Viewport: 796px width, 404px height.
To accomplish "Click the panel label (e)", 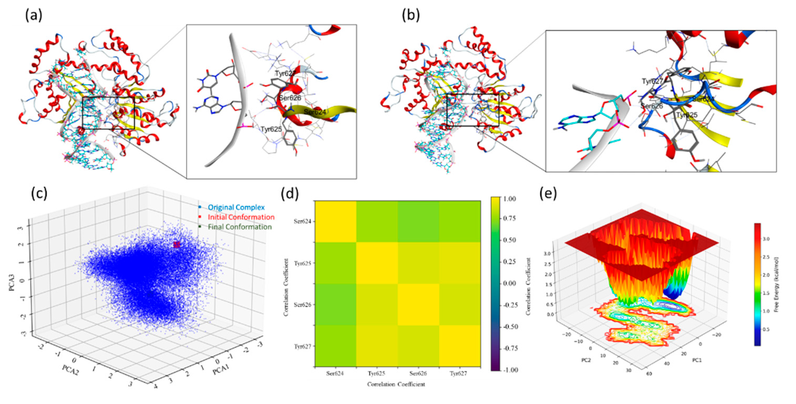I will (x=548, y=194).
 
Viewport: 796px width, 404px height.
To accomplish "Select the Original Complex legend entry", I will (x=236, y=207).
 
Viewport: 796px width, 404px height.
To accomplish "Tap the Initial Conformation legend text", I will (x=241, y=217).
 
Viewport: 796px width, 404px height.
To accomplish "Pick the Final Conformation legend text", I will (x=239, y=227).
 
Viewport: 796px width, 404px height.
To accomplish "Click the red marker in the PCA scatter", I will (x=176, y=245).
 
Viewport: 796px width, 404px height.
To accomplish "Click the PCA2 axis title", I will (x=70, y=370).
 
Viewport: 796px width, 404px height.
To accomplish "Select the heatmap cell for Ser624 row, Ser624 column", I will (x=336, y=221).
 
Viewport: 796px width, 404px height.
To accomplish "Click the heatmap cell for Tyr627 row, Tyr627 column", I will (x=460, y=346).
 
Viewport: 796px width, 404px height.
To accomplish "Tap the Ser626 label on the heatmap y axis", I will (x=302, y=304).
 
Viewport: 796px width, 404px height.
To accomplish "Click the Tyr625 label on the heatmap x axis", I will (x=376, y=374).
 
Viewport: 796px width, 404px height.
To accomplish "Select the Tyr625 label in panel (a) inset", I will (x=271, y=129).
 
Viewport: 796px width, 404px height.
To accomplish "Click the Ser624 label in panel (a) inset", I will (x=315, y=112).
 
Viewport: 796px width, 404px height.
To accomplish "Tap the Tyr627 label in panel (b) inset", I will (x=652, y=81).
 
